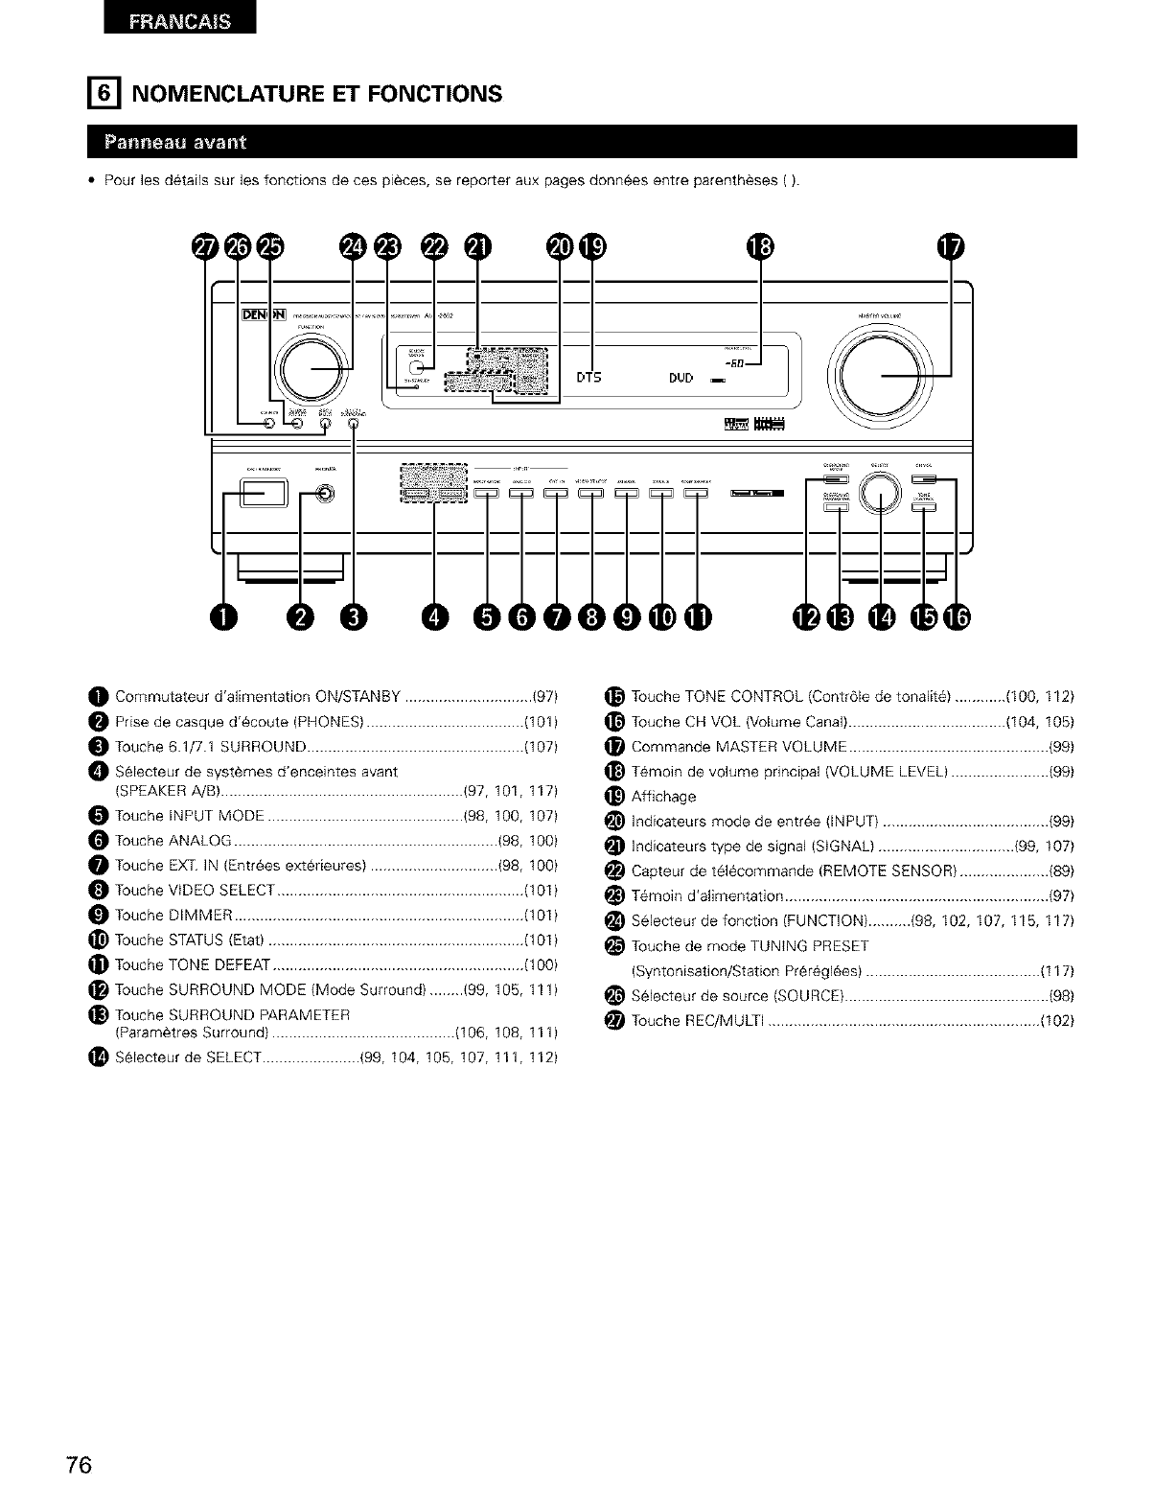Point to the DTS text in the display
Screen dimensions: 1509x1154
tap(589, 378)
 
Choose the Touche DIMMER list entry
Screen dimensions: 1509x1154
tap(174, 914)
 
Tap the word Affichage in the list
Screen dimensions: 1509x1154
tap(663, 797)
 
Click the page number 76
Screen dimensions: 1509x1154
tap(79, 1466)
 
